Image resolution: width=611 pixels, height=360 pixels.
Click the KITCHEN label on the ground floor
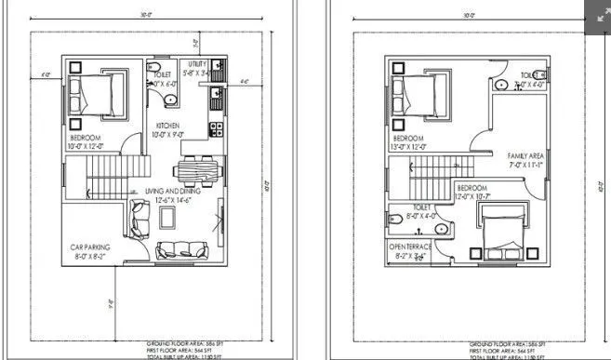coord(167,125)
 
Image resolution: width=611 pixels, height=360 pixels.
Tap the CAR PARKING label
coord(92,247)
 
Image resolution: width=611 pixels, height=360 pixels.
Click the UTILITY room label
coord(197,64)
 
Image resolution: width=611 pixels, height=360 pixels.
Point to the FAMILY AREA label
coord(525,155)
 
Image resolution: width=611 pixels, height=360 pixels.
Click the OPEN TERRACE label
coord(410,247)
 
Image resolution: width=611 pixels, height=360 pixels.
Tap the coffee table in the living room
coord(167,218)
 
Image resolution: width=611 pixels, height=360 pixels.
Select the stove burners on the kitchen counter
coord(216,127)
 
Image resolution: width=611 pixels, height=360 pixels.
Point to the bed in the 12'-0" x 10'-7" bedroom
coord(502,232)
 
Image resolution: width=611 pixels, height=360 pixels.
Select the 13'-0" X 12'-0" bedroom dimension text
coord(413,145)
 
